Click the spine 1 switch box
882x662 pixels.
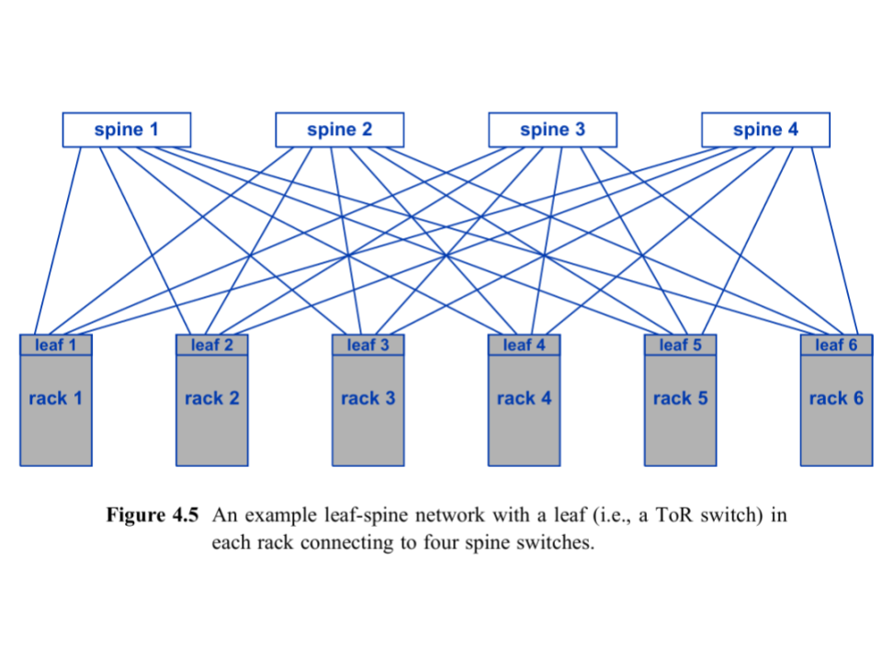(x=126, y=130)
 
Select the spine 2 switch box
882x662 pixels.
(x=339, y=130)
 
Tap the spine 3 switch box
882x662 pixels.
(x=552, y=130)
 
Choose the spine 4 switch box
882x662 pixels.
(x=765, y=130)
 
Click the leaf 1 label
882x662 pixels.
(x=56, y=346)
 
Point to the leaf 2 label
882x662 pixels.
(x=212, y=346)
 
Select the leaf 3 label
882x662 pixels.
(x=368, y=346)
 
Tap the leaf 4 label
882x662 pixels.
(x=524, y=346)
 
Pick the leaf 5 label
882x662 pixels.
(x=680, y=346)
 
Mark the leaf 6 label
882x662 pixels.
(x=836, y=346)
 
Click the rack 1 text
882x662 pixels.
(x=56, y=398)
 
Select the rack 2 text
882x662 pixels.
(x=212, y=398)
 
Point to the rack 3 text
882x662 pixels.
(x=368, y=398)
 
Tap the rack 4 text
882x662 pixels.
(x=524, y=398)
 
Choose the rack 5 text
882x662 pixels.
(x=680, y=398)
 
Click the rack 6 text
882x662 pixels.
(x=836, y=398)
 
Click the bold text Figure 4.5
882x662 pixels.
(x=153, y=515)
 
